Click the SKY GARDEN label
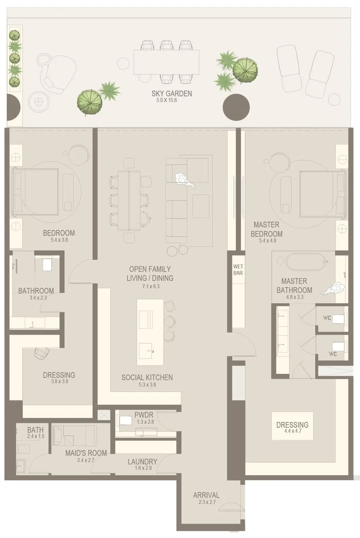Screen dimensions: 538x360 (171, 93)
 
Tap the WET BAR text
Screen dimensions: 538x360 (238, 270)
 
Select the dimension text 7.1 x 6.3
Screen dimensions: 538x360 (150, 286)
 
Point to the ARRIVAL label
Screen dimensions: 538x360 (206, 495)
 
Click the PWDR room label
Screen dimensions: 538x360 (144, 415)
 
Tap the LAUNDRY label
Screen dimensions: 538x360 (142, 461)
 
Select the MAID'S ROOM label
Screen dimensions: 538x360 (86, 453)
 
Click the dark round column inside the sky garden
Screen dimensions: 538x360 (236, 107)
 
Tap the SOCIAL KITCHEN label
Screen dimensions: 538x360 (147, 377)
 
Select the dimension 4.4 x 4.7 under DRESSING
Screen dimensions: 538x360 (292, 431)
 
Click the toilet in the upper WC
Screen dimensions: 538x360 (339, 319)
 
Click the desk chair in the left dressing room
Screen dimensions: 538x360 (41, 353)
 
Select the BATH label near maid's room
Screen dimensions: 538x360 (35, 430)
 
